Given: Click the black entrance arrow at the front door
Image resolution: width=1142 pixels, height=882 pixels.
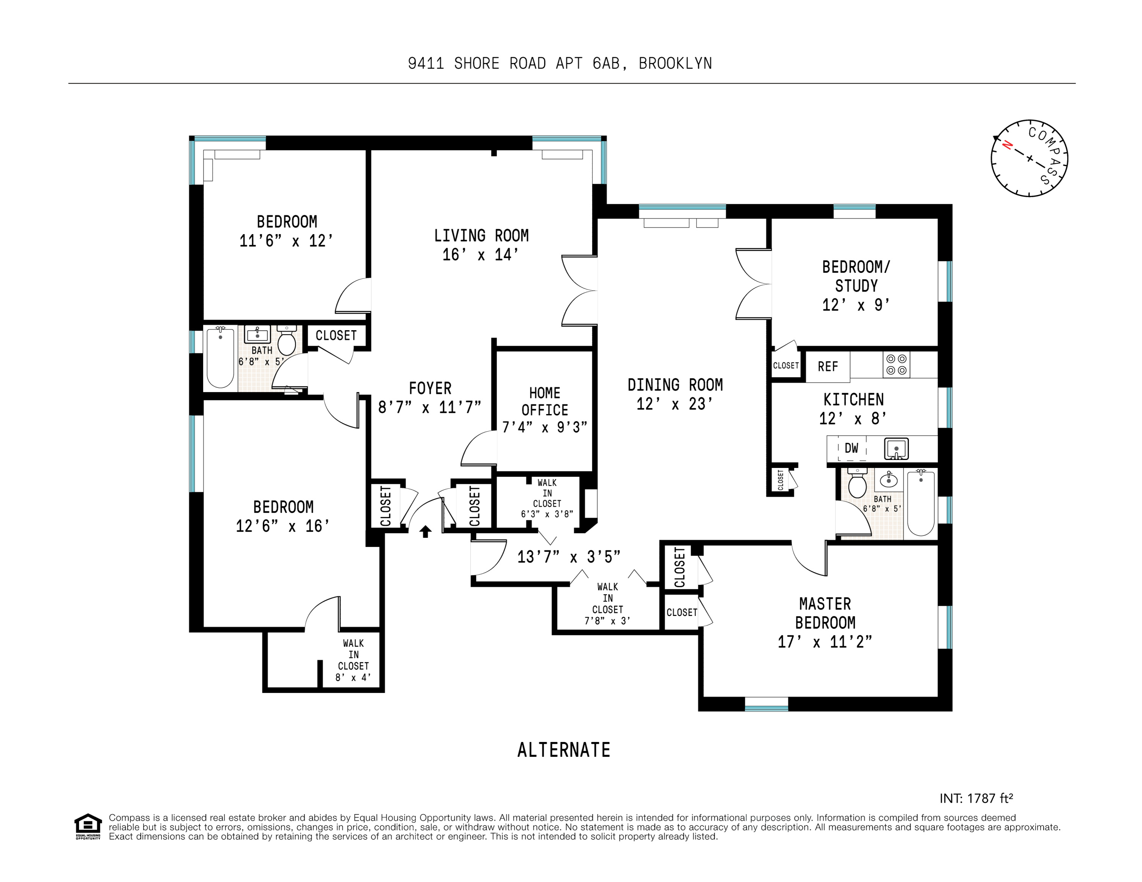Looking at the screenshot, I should coord(426,532).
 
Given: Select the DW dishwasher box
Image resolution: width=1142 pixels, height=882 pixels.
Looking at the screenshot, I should coord(851,448).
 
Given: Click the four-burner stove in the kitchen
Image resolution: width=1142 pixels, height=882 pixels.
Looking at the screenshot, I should coord(896,364).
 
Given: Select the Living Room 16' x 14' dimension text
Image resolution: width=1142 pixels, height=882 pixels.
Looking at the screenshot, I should coord(481,255).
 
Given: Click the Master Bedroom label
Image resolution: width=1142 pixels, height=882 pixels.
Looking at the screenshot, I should coord(825,613).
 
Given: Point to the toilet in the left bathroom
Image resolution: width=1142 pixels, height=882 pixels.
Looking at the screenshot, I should coord(287,342).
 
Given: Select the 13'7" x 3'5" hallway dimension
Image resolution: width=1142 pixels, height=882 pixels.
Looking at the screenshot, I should coord(568,557).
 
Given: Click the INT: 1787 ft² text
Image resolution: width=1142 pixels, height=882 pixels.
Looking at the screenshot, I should coord(976,799).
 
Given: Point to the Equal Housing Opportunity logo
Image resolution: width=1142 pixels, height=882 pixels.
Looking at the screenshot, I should coord(88,827).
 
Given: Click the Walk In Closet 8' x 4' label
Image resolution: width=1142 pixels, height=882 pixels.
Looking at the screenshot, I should coord(353,660).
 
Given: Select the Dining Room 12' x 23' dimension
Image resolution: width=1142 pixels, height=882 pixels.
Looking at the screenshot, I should coord(675,404).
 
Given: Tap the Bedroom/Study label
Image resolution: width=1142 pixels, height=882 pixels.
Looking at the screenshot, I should coord(856,277).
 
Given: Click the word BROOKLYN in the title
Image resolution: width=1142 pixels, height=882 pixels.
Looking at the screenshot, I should coord(675,63).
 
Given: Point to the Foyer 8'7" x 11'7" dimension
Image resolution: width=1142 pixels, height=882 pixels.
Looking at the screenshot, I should coord(429,407).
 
